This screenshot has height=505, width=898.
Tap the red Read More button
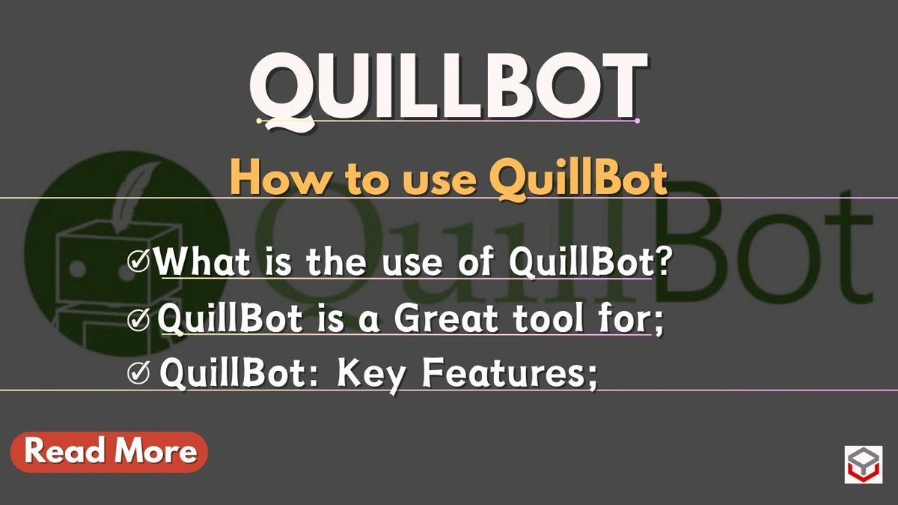tap(109, 452)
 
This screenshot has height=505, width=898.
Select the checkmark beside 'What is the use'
tap(139, 263)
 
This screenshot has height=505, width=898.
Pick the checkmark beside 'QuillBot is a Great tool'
tap(139, 320)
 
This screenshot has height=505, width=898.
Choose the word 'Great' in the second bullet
tap(446, 320)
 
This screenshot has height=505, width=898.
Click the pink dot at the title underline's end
tap(637, 121)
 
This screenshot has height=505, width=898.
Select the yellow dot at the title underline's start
tap(259, 121)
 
